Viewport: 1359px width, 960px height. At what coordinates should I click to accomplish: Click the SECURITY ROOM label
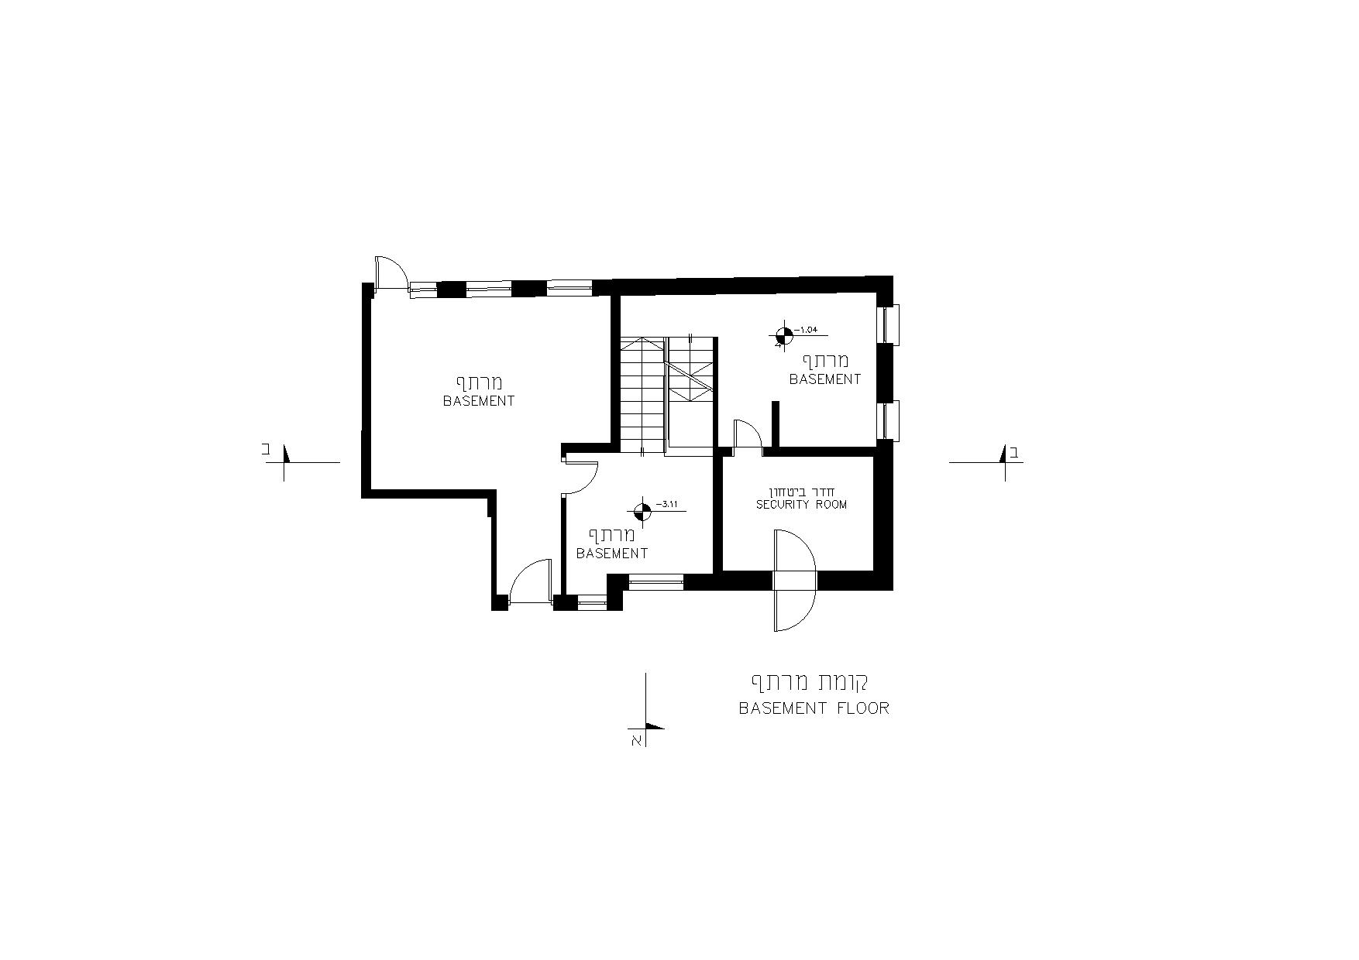(x=801, y=505)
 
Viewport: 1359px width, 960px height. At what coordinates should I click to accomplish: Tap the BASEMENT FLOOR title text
(x=814, y=708)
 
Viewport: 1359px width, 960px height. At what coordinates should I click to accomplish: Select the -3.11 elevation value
(x=667, y=504)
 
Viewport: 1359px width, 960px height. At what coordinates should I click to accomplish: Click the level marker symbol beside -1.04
(x=783, y=336)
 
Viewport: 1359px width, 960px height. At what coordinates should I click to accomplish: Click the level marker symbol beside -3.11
(x=642, y=510)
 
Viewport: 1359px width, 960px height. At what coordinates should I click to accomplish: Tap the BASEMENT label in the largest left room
(x=479, y=401)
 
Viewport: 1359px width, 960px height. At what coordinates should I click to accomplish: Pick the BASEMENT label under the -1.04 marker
(x=825, y=379)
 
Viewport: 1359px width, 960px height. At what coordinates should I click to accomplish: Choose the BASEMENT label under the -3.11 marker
(x=612, y=554)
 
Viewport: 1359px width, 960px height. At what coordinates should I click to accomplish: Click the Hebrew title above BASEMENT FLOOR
(x=810, y=683)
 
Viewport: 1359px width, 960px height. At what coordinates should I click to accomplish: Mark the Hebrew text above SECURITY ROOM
(x=801, y=492)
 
